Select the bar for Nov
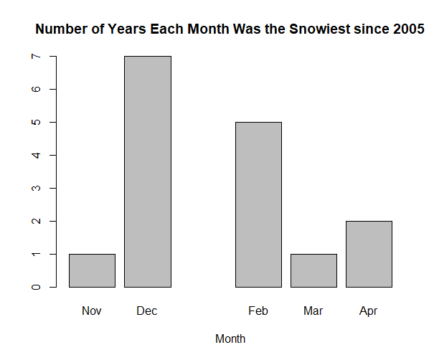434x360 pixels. click(92, 270)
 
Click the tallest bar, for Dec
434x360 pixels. click(148, 171)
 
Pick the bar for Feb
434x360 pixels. click(258, 204)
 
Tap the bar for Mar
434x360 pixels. click(313, 270)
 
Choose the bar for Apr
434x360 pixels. click(369, 254)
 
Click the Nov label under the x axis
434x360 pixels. click(92, 311)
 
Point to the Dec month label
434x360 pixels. click(146, 311)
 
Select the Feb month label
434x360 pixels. click(258, 311)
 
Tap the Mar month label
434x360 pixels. click(313, 311)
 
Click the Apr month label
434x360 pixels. click(368, 311)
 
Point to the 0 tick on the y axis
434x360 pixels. click(36, 287)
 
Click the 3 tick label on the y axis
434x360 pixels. click(36, 188)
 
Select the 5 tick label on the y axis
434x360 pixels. click(36, 122)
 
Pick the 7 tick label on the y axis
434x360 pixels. click(36, 56)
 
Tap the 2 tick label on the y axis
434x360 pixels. click(36, 221)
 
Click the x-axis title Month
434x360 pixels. click(230, 338)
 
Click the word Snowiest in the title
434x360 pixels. click(320, 29)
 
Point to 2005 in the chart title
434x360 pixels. click(409, 29)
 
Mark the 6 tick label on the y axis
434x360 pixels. click(36, 89)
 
